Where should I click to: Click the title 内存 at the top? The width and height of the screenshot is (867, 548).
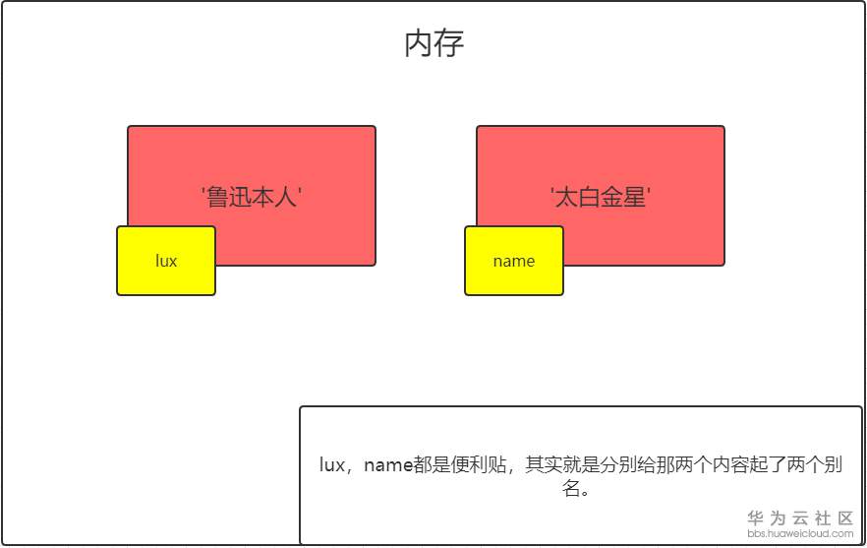click(433, 43)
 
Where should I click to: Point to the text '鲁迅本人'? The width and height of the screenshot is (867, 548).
click(252, 197)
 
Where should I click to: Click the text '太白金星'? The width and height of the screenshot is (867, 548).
click(601, 197)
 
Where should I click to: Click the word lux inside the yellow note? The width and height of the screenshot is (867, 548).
click(166, 261)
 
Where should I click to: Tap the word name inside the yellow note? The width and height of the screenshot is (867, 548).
click(513, 261)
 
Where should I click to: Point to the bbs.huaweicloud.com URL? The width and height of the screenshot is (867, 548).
click(800, 534)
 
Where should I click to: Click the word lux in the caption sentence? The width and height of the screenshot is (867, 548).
click(332, 465)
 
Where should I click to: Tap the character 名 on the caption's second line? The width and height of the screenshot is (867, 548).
click(572, 489)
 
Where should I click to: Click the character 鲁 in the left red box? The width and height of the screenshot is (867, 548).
click(217, 197)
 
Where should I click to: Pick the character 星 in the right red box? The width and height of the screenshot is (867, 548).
click(635, 197)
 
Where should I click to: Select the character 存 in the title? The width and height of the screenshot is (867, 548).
click(449, 43)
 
